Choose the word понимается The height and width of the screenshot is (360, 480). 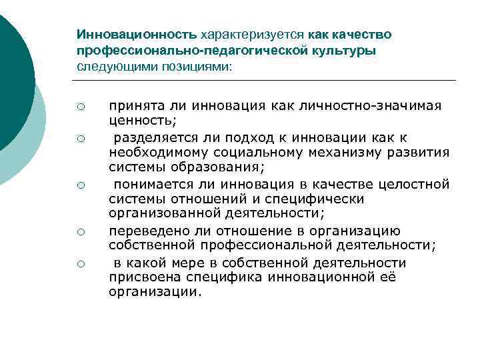click(x=148, y=183)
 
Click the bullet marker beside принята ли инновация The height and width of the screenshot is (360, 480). click(x=79, y=107)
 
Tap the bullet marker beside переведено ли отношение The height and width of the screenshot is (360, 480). click(x=79, y=232)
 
